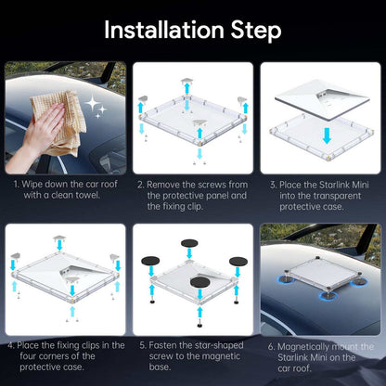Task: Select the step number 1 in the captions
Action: pyautogui.click(x=16, y=183)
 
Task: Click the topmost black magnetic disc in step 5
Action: pyautogui.click(x=189, y=243)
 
